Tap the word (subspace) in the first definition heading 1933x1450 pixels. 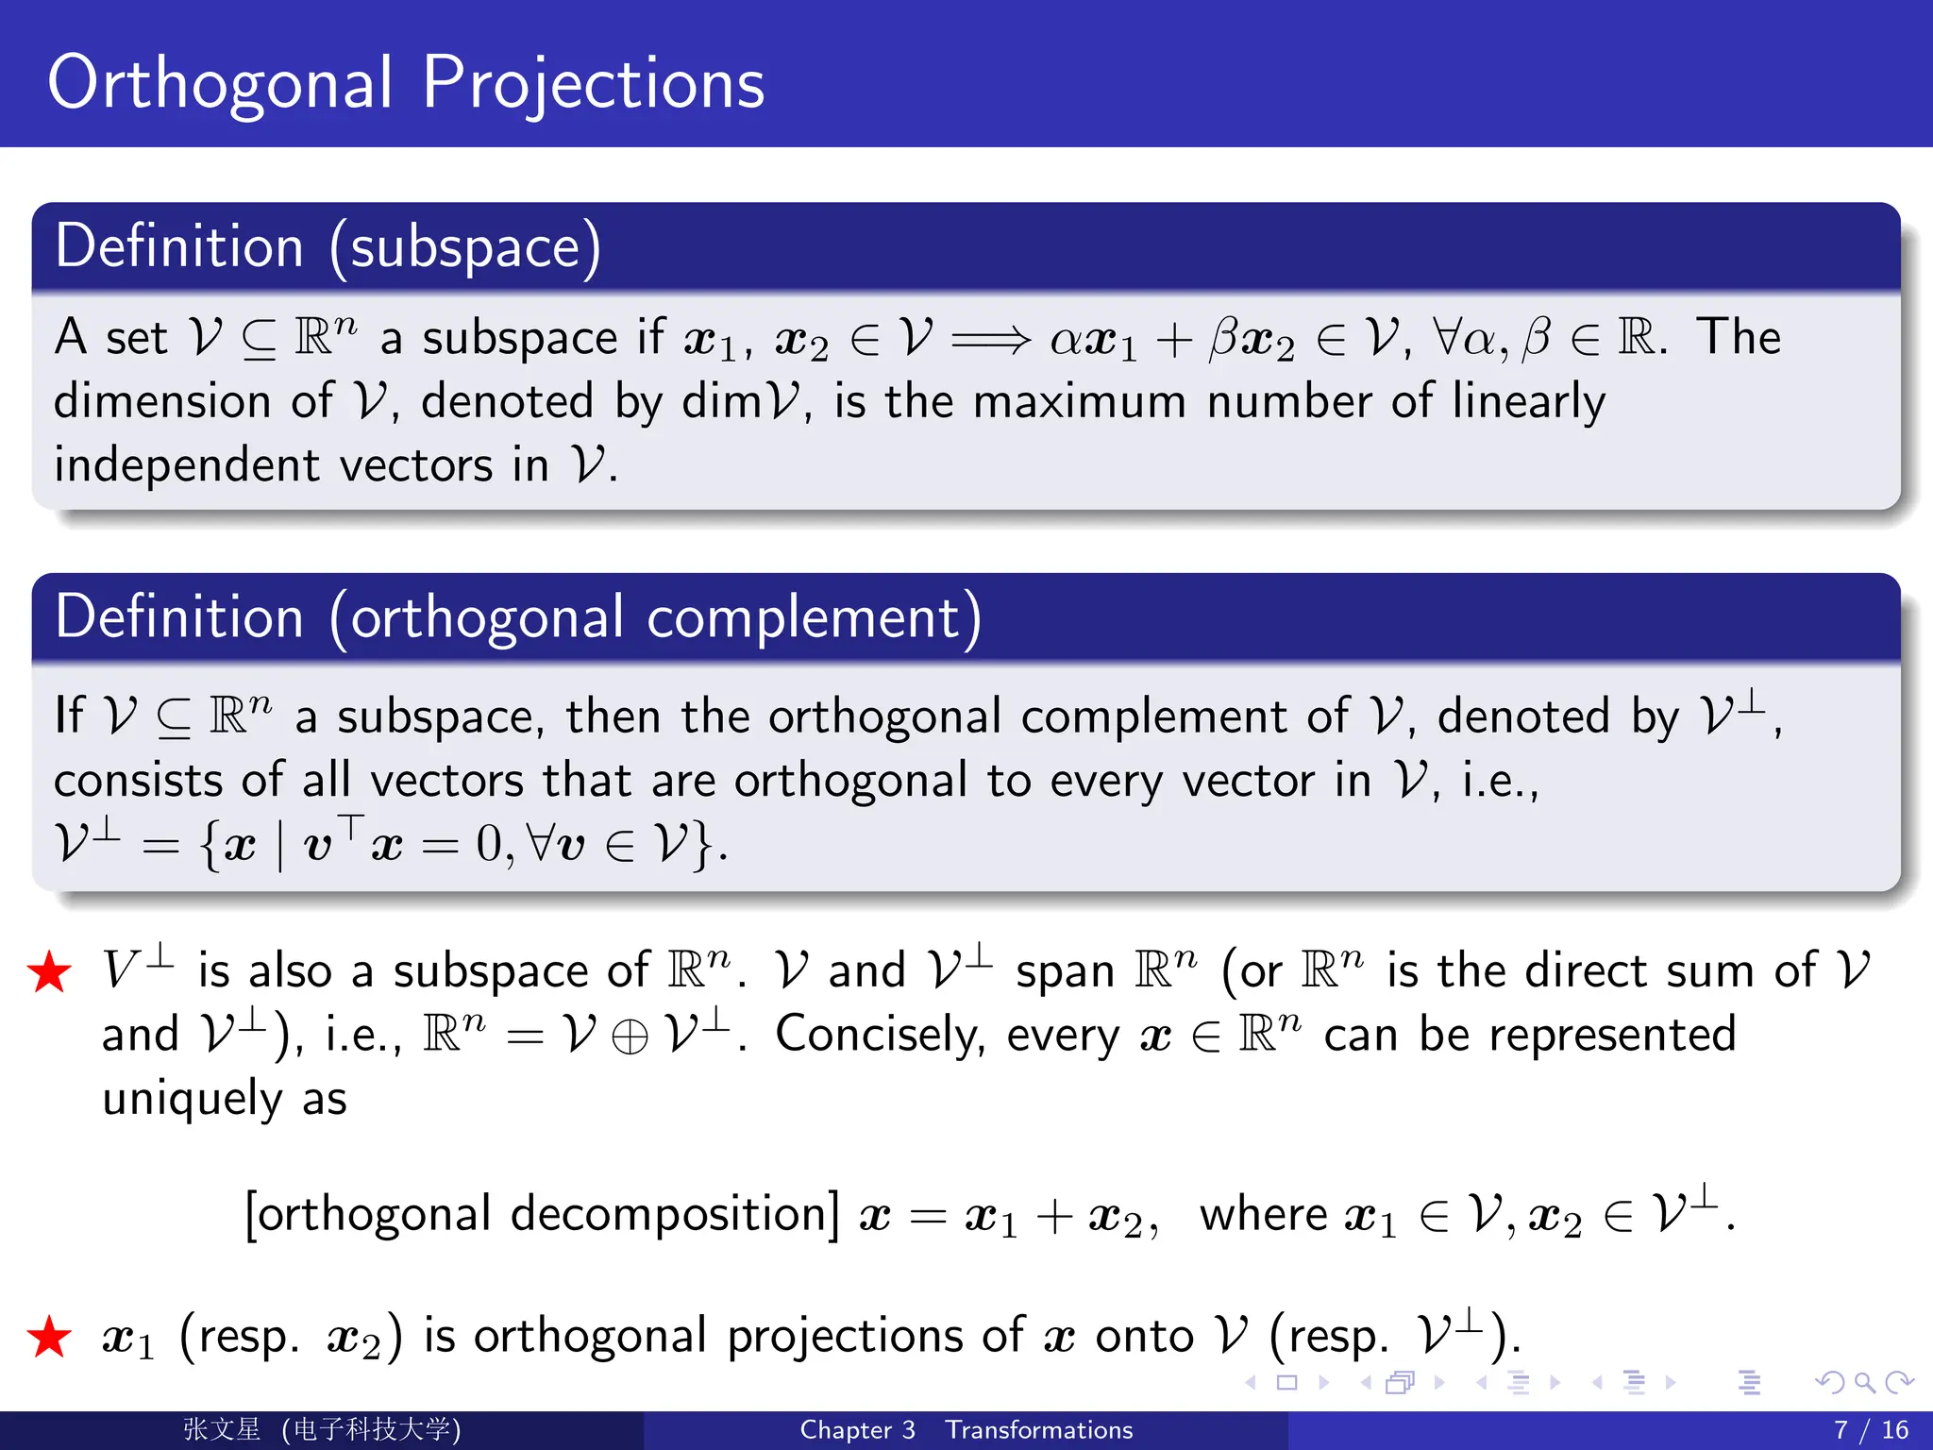[464, 248]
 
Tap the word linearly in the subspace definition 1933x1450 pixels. [1528, 402]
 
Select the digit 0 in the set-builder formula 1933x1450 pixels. [489, 844]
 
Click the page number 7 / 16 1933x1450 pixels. [1871, 1430]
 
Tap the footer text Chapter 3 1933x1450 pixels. [857, 1430]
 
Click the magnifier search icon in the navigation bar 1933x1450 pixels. [1864, 1383]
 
